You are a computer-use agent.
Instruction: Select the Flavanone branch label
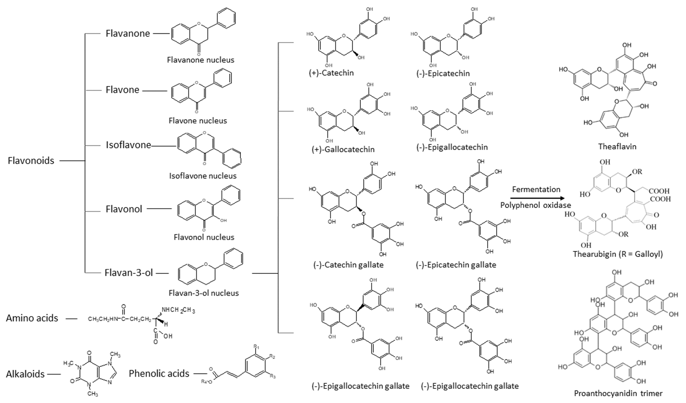(x=128, y=33)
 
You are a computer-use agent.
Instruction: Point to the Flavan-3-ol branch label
(x=129, y=273)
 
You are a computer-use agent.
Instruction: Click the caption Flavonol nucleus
(x=204, y=237)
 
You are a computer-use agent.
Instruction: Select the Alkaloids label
(x=25, y=374)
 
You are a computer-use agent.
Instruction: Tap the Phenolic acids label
(x=159, y=374)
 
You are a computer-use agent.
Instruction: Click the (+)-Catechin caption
(x=331, y=73)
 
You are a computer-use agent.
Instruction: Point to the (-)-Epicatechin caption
(x=443, y=73)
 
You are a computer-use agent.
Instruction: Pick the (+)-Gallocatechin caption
(x=343, y=149)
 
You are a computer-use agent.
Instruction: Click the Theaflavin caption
(x=617, y=147)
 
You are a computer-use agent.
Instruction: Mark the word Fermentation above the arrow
(x=536, y=189)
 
